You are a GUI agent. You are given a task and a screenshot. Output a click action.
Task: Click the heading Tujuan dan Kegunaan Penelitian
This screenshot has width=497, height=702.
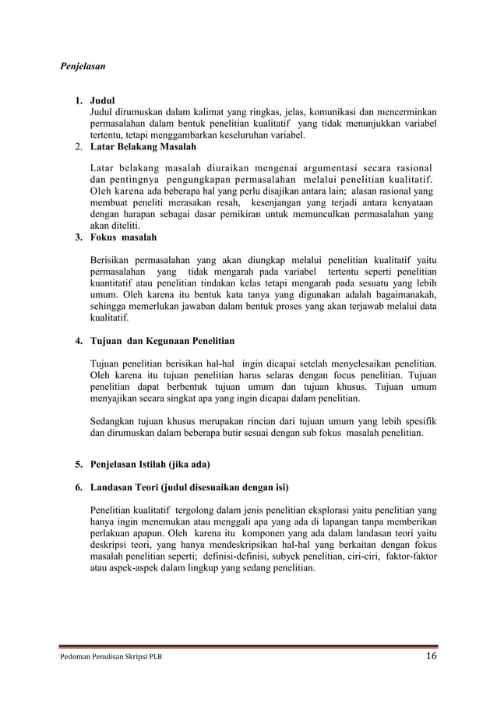click(163, 341)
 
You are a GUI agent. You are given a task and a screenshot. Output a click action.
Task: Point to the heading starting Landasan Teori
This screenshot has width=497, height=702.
click(189, 488)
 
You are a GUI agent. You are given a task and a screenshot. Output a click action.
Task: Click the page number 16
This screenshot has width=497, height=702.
click(430, 656)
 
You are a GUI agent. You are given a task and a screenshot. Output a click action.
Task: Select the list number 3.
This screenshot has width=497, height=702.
click(79, 237)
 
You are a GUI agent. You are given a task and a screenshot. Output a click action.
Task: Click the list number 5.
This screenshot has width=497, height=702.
click(79, 465)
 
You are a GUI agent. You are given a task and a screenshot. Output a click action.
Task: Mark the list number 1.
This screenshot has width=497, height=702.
click(79, 101)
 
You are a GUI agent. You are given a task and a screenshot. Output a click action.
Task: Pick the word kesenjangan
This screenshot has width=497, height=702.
click(269, 203)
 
